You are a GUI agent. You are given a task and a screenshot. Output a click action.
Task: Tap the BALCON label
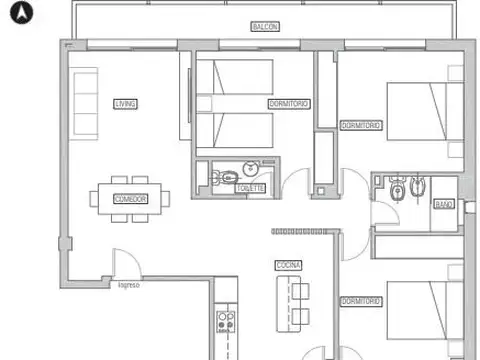click(265, 27)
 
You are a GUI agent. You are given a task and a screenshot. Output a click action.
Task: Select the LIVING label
click(125, 103)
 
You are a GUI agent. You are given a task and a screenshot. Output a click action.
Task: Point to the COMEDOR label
click(130, 199)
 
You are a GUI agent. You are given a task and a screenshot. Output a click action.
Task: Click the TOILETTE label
click(250, 188)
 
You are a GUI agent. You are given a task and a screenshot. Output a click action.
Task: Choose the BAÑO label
click(443, 204)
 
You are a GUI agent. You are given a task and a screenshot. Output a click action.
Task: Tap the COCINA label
click(289, 265)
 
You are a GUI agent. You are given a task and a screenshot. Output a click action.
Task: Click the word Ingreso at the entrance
click(129, 286)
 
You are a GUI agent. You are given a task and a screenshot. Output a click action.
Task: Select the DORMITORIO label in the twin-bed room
click(288, 104)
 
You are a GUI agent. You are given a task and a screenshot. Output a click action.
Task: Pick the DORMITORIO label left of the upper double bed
click(360, 126)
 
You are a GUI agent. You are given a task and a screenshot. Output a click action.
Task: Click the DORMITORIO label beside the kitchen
click(360, 300)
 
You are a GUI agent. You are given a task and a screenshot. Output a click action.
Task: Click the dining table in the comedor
click(130, 194)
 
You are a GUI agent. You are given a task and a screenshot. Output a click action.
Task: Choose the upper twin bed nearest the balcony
click(235, 80)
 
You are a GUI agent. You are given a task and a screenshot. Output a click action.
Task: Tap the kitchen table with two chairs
click(292, 305)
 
